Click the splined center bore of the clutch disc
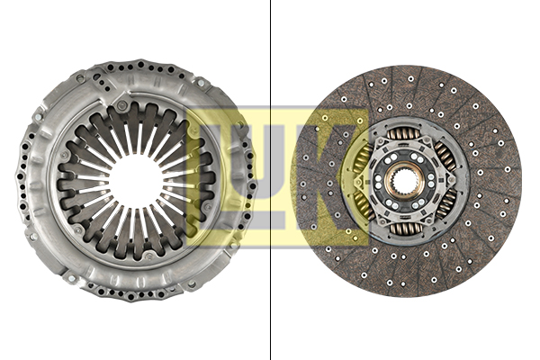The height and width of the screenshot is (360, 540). (x=405, y=181)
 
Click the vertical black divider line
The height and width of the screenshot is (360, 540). (x=271, y=180)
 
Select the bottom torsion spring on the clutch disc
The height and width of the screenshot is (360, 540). (x=405, y=228)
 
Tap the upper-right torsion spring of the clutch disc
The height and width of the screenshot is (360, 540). (x=445, y=157)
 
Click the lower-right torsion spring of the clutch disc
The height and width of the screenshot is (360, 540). (x=446, y=204)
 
